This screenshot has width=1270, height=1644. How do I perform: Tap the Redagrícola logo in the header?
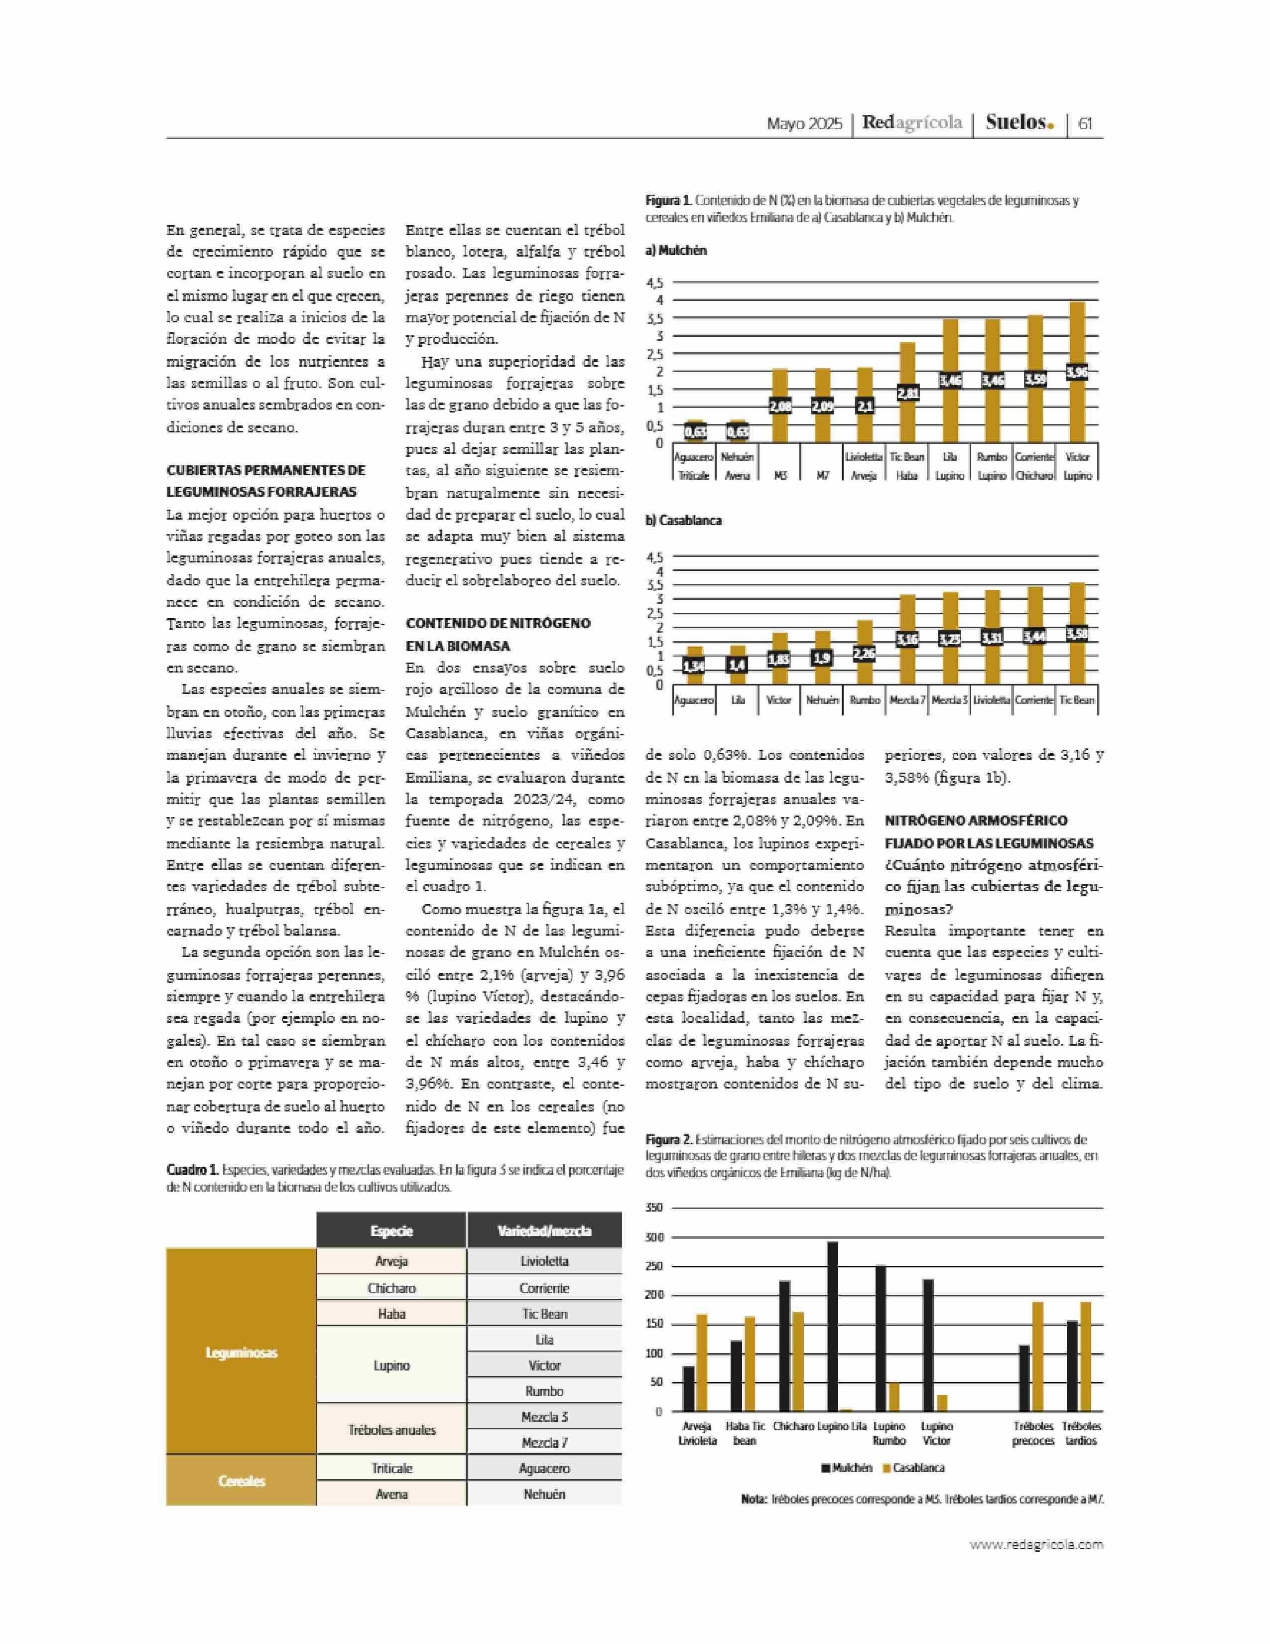912,123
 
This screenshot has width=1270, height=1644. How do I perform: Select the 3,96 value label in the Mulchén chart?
1077,372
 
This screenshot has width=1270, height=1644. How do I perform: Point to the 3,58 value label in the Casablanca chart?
1077,634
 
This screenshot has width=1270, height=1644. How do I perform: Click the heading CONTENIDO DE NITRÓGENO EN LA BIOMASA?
498,635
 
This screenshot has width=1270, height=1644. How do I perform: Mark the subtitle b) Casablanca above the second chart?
683,520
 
